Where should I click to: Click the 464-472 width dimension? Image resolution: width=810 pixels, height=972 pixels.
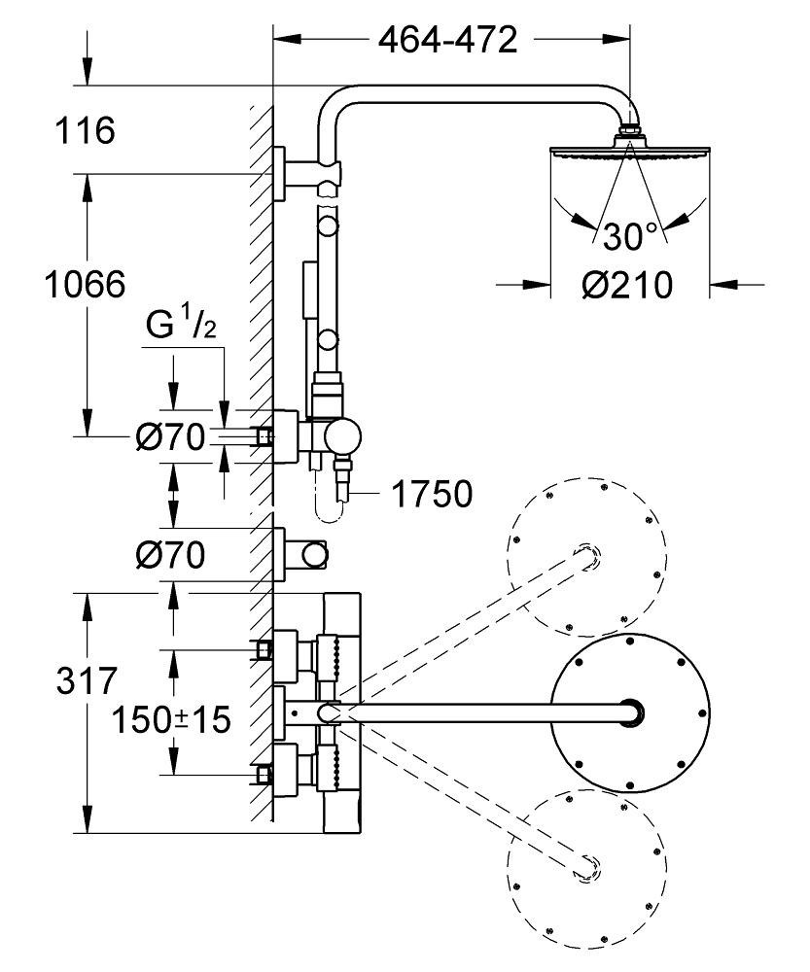pos(447,40)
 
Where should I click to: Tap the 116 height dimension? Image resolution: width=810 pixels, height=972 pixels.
pos(85,131)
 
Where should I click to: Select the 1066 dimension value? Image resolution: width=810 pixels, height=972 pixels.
pos(85,285)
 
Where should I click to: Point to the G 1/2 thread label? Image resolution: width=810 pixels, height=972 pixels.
pos(181,325)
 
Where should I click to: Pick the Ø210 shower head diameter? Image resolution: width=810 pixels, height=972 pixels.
pos(627,285)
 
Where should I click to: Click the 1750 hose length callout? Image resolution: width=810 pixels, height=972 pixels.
pos(433,494)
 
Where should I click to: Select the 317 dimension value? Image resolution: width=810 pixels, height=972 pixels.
pos(87,680)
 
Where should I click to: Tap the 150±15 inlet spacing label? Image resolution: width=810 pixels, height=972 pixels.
pos(170,720)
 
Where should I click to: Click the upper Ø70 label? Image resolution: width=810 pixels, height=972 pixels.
pos(170,438)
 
